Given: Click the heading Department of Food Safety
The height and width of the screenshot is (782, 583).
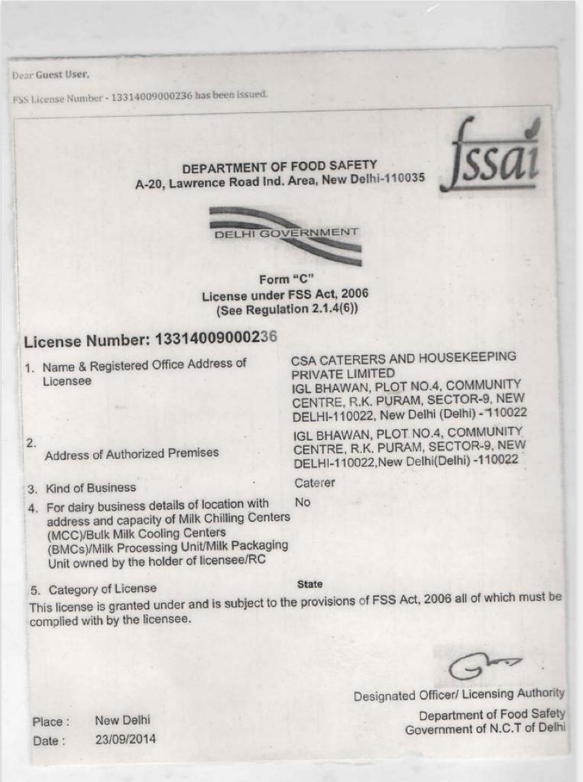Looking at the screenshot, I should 279,166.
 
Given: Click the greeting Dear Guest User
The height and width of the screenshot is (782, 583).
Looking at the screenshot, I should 50,75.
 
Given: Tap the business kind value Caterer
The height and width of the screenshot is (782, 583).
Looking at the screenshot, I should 314,483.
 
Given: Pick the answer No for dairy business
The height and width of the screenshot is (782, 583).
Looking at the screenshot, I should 303,502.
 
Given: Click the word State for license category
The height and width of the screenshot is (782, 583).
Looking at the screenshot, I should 309,584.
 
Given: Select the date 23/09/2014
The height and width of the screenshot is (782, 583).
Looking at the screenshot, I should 125,739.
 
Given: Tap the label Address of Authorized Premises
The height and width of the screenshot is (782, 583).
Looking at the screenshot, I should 131,454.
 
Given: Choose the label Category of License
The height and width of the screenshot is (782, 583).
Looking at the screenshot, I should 102,590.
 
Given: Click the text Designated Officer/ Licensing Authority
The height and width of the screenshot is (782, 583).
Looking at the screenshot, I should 458,695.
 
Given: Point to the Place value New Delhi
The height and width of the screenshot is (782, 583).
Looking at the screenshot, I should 122,720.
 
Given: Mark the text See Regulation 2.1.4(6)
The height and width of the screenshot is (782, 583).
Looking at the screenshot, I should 287,309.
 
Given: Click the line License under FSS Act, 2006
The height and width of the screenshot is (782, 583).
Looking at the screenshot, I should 285,295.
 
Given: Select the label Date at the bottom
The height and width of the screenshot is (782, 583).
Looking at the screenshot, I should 49,740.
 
